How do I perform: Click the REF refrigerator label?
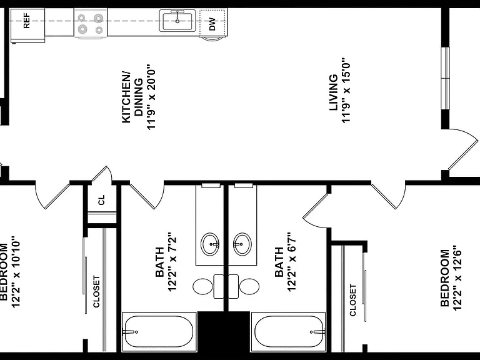pos(27,21)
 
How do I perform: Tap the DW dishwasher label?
pos(212,24)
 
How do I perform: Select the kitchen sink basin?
pos(177,21)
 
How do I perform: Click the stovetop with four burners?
pos(91,24)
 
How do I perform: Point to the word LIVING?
pos(333,92)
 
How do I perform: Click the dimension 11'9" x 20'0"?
pos(151,97)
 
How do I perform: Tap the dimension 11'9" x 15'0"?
pos(346,90)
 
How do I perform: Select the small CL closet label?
pos(101,200)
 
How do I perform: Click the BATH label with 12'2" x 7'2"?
pos(159,262)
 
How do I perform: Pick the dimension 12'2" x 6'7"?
pos(292,262)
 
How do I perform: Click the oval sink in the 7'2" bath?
pos(210,244)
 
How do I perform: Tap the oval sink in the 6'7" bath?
pos(242,244)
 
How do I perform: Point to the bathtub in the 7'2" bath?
pos(159,332)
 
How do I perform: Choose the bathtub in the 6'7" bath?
pos(288,332)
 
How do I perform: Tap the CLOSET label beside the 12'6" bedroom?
pos(352,300)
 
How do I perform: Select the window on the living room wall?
pos(446,77)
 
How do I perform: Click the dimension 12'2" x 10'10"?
pos(16,271)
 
